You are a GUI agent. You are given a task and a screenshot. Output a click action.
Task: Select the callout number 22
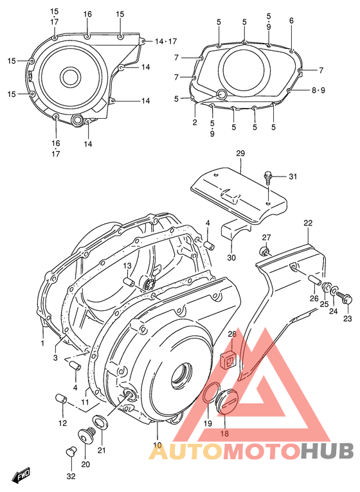click(x=308, y=223)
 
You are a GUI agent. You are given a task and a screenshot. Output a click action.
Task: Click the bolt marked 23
click(x=348, y=298)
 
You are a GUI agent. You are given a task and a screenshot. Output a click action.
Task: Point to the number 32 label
click(x=70, y=476)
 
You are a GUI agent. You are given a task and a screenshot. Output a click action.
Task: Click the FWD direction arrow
click(x=24, y=475)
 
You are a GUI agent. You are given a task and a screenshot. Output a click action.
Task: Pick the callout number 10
click(x=157, y=445)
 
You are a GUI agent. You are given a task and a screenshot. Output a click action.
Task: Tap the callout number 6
click(x=291, y=21)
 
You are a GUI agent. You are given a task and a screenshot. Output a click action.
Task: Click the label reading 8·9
click(x=319, y=91)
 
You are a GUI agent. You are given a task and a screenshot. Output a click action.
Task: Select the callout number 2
click(x=194, y=121)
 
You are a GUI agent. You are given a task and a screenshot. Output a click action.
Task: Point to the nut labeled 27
click(x=264, y=250)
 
